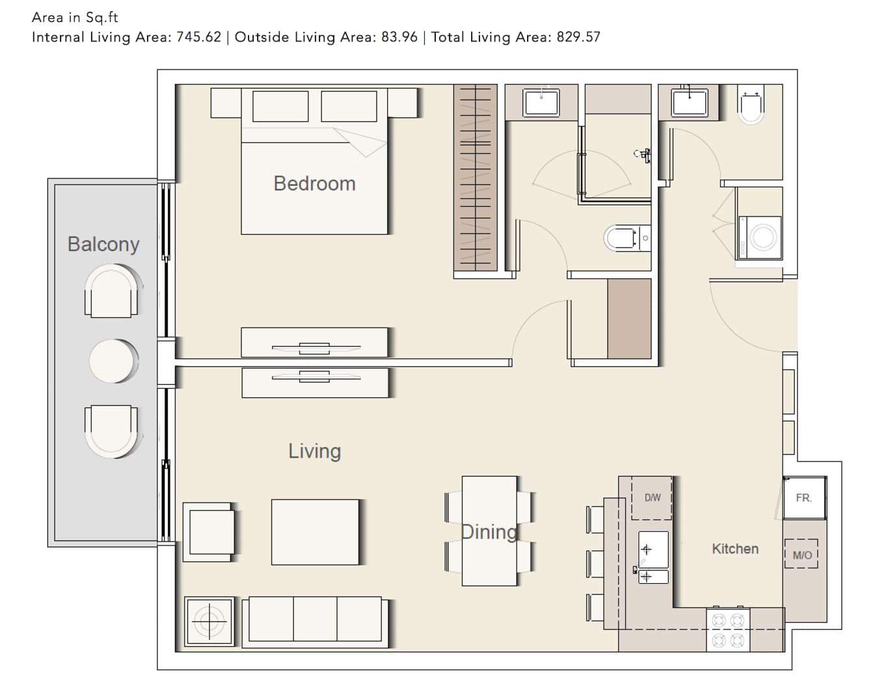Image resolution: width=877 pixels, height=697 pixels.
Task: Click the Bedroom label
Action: coord(315,183)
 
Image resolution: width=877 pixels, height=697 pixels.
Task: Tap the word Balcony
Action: coord(103,244)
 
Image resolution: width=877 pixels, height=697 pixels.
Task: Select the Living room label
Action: coord(315,451)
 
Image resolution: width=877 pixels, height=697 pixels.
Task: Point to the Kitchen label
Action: coord(735,549)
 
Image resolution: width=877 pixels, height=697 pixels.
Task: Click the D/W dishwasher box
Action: coord(652,498)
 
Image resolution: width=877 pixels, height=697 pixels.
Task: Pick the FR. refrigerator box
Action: coord(805,498)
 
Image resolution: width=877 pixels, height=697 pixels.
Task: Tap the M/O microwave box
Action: coord(801,553)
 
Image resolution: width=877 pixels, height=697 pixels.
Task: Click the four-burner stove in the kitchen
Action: coord(728,630)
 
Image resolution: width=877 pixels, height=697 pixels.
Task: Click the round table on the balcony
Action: coord(113,361)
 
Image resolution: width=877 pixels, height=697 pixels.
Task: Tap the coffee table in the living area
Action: coord(316,532)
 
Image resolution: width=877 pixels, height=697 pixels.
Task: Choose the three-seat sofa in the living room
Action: coord(315,622)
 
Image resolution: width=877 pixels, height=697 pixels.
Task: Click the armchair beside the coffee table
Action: coord(209,532)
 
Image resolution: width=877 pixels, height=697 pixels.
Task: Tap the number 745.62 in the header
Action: coord(198,37)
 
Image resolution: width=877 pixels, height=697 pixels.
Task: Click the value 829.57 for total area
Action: coord(578,37)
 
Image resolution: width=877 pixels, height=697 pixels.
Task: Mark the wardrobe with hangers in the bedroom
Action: coord(475,178)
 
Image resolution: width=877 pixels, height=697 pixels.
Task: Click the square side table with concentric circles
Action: coord(209,622)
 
